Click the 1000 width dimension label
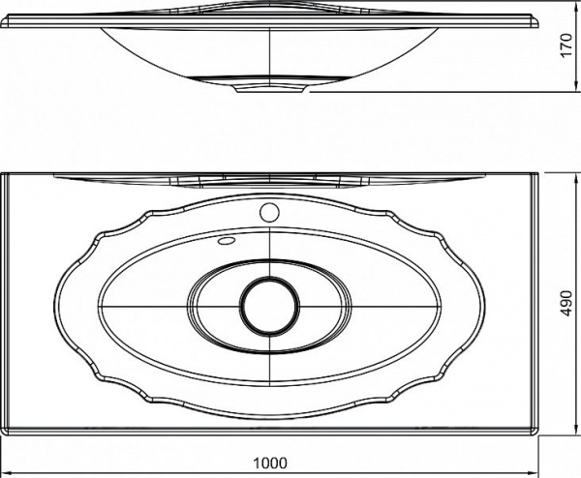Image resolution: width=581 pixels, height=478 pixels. click(x=270, y=463)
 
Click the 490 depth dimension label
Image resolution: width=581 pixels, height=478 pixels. click(x=566, y=303)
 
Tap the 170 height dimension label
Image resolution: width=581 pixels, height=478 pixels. click(x=566, y=45)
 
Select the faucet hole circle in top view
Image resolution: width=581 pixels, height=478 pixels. click(x=269, y=213)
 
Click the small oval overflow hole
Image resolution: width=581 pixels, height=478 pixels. click(x=227, y=241)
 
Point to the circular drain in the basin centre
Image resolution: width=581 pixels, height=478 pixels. click(x=269, y=305)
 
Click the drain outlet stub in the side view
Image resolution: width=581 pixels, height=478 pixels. click(x=270, y=89)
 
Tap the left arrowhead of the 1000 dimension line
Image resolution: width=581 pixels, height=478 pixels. click(x=8, y=472)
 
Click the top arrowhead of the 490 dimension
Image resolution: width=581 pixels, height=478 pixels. click(x=576, y=178)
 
